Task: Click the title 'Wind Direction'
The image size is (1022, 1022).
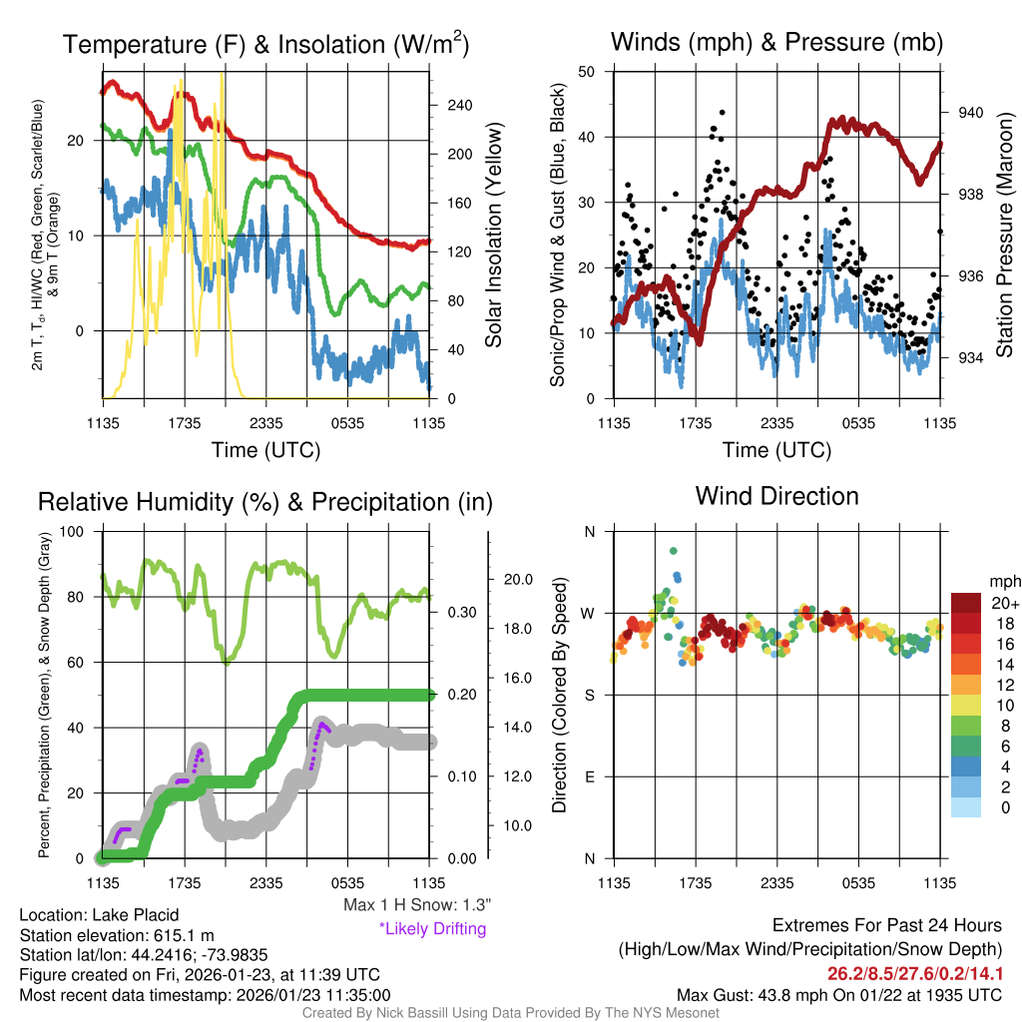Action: tap(776, 496)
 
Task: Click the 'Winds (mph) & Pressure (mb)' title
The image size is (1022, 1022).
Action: tap(776, 42)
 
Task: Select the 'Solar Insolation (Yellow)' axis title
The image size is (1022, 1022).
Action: tap(493, 236)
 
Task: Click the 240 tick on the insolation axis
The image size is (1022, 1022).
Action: tap(458, 105)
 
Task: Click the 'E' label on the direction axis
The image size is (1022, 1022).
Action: tap(590, 776)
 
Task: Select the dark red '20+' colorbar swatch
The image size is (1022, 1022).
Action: tap(966, 603)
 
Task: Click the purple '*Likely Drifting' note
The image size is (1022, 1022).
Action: tap(432, 929)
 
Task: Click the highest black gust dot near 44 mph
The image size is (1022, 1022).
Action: tap(723, 113)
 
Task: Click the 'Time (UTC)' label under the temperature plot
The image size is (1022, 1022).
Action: tap(265, 450)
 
